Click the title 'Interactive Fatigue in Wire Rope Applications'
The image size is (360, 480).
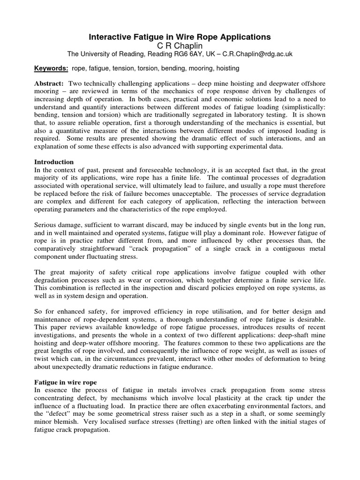pos(180,36)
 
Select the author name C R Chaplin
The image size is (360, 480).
pos(180,45)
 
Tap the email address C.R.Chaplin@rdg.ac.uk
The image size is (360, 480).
pos(258,54)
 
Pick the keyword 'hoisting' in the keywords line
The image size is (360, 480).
pos(227,68)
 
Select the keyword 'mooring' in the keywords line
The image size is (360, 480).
pos(199,68)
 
